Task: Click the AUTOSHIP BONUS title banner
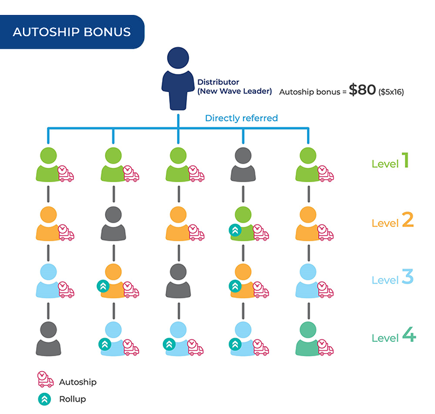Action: tap(72, 32)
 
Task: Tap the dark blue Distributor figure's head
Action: tap(178, 58)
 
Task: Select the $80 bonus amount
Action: tap(362, 90)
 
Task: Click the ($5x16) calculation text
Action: tap(391, 92)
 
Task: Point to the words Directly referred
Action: tap(241, 118)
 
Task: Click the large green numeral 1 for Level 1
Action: tap(405, 160)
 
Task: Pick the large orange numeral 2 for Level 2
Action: tap(408, 220)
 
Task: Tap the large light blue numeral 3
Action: tap(408, 277)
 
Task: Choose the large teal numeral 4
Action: tap(409, 334)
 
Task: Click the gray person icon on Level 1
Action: tap(243, 165)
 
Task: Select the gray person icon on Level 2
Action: tap(113, 224)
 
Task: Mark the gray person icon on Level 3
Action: tap(178, 281)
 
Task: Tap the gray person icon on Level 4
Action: tap(48, 339)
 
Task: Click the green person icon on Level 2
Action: tap(243, 224)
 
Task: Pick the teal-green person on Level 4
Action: tap(308, 339)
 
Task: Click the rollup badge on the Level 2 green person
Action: tap(235, 230)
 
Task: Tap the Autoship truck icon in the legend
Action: tap(45, 379)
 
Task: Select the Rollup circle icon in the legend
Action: tap(44, 399)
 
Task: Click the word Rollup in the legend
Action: tap(73, 399)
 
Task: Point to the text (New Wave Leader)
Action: tap(234, 91)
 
